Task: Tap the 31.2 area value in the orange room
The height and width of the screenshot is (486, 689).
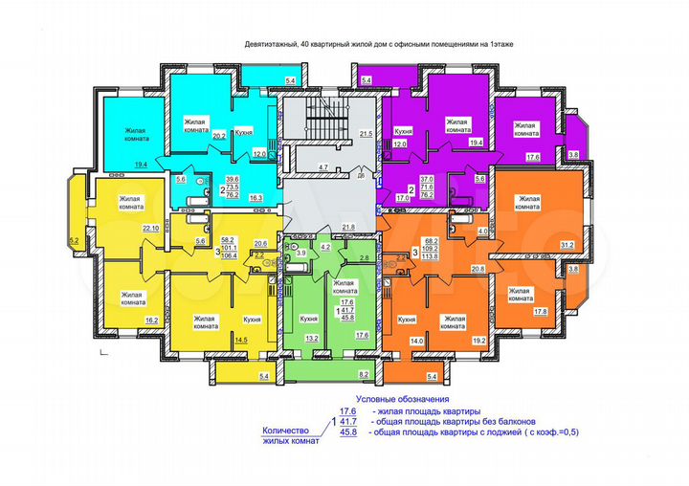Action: (567, 244)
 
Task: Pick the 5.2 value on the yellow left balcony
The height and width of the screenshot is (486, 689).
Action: (73, 240)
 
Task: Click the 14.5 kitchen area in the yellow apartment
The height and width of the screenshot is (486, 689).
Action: (242, 341)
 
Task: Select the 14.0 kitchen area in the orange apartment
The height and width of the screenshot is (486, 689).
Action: (415, 342)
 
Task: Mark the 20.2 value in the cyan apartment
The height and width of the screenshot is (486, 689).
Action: (218, 137)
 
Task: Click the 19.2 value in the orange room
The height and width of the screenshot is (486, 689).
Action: (478, 341)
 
